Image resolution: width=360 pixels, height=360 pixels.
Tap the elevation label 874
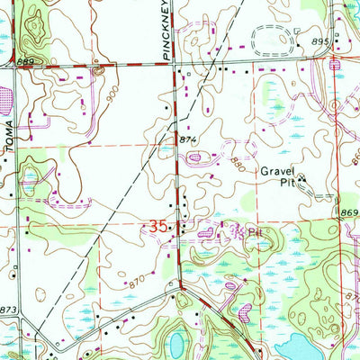click(187, 140)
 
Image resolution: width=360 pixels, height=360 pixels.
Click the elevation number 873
click(9, 310)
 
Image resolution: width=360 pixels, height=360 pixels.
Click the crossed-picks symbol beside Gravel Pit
click(301, 177)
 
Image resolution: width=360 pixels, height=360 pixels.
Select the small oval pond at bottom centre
click(177, 342)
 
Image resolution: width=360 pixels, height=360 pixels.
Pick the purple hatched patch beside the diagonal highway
click(244, 315)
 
